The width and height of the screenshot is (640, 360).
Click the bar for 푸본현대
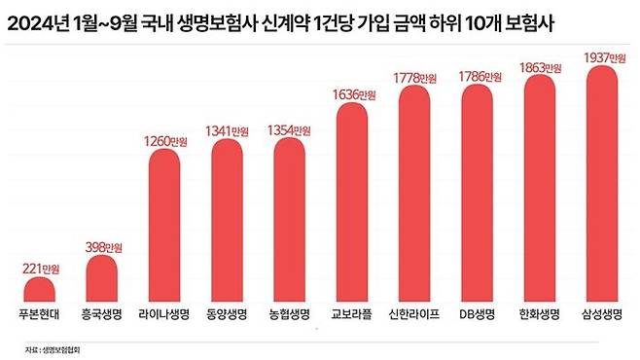click(40, 289)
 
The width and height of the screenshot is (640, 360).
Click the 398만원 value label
click(102, 244)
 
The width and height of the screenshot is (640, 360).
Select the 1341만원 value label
click(228, 131)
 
